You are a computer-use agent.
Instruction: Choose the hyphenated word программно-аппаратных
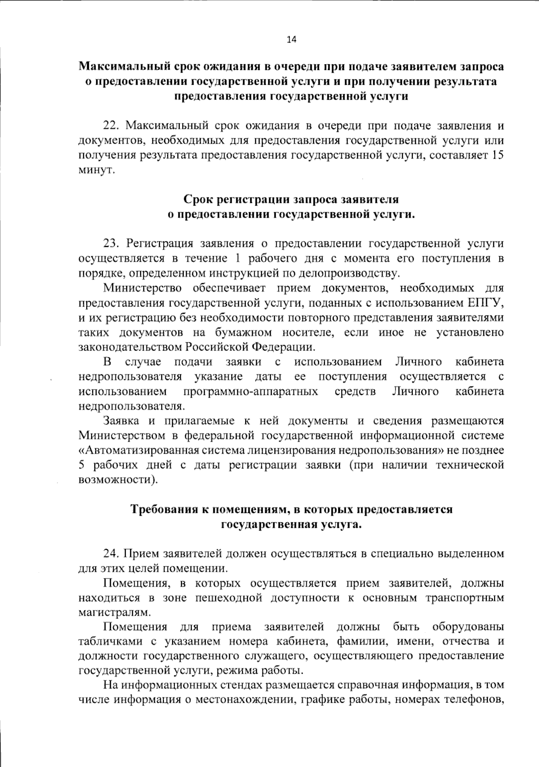(250, 391)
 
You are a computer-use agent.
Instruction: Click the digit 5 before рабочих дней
(82, 465)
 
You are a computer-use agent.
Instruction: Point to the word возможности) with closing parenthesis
(118, 480)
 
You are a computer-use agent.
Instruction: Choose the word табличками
(108, 642)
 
